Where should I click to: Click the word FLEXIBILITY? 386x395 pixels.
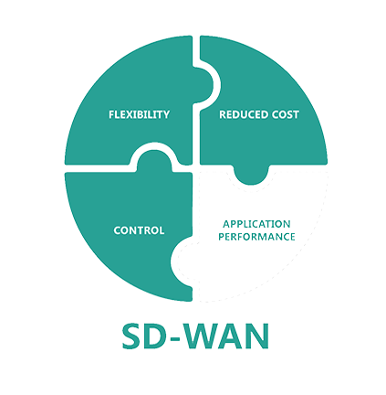139,114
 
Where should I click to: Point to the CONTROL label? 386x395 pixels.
139,230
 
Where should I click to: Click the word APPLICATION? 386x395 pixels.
256,224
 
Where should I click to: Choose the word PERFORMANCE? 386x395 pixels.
256,237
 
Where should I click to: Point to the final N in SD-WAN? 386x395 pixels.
258,336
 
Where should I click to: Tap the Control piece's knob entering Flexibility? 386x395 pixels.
154,160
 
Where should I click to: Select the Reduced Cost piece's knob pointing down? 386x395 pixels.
251,175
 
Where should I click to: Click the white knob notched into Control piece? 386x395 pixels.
182,262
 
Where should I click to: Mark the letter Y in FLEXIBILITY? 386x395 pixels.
165,114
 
